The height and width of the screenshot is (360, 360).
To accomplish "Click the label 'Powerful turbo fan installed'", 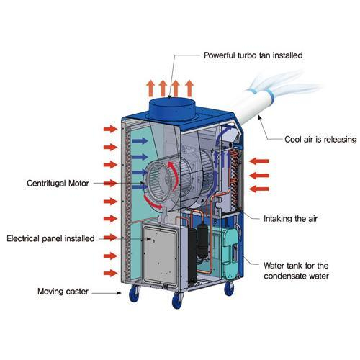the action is point(253,55).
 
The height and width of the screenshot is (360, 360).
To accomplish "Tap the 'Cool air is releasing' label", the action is point(320,140).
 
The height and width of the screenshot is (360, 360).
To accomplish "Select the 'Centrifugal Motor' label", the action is point(58,184).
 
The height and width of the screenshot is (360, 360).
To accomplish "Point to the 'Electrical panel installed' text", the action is point(50,238).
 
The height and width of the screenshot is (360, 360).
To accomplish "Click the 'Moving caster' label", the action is point(63,292).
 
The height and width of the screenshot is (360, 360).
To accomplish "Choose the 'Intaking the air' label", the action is point(290,219).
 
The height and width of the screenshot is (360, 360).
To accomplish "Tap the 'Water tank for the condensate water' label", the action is point(296,271).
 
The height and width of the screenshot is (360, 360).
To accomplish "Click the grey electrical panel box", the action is point(161,256).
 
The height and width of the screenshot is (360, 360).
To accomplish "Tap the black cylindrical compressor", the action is point(202,241).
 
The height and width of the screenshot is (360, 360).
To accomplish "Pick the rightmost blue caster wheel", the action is point(229,289).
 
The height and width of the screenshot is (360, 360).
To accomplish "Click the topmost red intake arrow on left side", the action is point(110,129).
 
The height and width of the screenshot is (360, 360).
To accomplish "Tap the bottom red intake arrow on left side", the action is point(110,273).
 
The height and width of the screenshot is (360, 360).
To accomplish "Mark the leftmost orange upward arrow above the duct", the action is point(150,89).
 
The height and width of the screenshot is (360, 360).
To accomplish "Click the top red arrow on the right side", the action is point(259,161).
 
